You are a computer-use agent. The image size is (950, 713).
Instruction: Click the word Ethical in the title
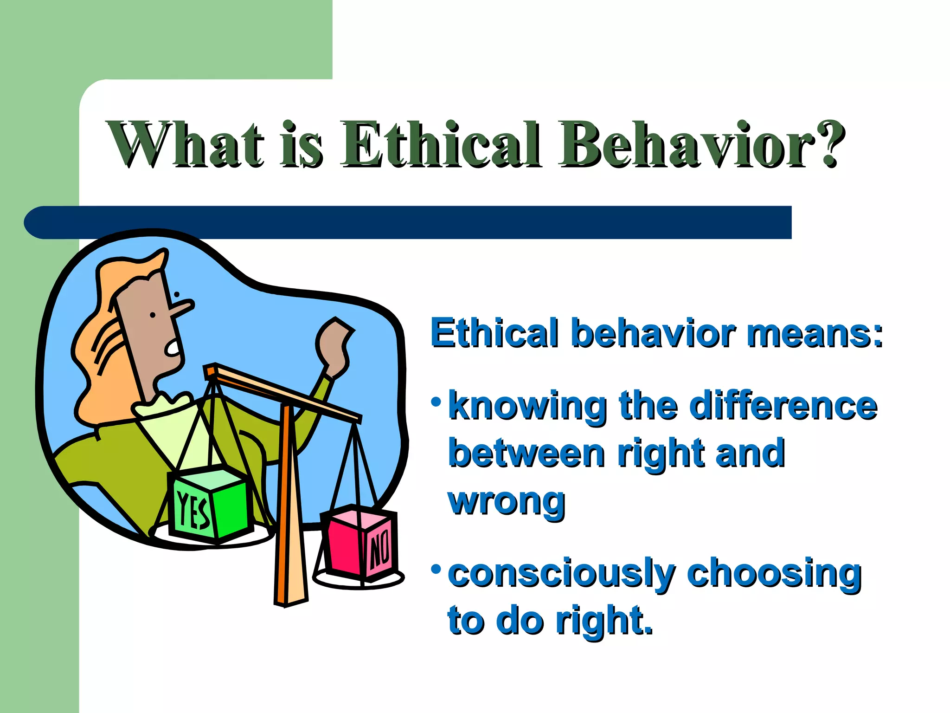[441, 144]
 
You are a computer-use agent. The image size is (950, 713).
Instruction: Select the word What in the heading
[186, 144]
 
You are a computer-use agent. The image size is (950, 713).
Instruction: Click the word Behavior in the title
[687, 144]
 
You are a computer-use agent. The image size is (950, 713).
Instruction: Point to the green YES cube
[211, 506]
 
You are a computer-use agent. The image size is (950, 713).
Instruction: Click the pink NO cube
[359, 543]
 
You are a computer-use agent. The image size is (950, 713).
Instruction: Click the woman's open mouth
[173, 347]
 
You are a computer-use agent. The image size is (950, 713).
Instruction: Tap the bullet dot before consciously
[435, 568]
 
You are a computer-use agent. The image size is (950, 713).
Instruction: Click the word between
[526, 454]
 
